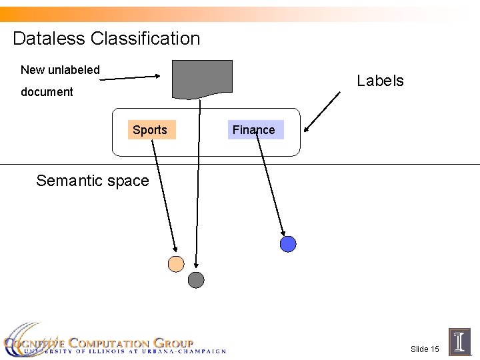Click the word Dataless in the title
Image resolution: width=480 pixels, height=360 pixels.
(49, 39)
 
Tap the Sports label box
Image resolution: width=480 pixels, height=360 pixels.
(151, 129)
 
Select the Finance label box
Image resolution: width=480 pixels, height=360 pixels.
(255, 129)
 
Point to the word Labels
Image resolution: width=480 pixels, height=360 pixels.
(380, 81)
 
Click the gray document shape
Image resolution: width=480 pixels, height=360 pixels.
(202, 77)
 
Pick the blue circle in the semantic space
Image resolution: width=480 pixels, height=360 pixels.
(288, 244)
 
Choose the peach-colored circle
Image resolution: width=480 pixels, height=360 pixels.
(175, 263)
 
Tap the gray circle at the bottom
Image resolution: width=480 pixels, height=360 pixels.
(196, 280)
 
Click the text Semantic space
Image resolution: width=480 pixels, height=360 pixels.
(93, 181)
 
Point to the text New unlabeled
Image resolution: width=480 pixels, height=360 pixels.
(60, 70)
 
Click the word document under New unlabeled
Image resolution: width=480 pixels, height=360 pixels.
(47, 92)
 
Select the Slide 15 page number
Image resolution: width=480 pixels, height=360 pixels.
(425, 349)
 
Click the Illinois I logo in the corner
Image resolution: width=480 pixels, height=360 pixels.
(460, 342)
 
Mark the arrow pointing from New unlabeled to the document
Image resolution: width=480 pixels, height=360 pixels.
(130, 78)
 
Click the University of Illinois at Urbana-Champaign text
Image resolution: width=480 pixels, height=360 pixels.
(120, 351)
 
